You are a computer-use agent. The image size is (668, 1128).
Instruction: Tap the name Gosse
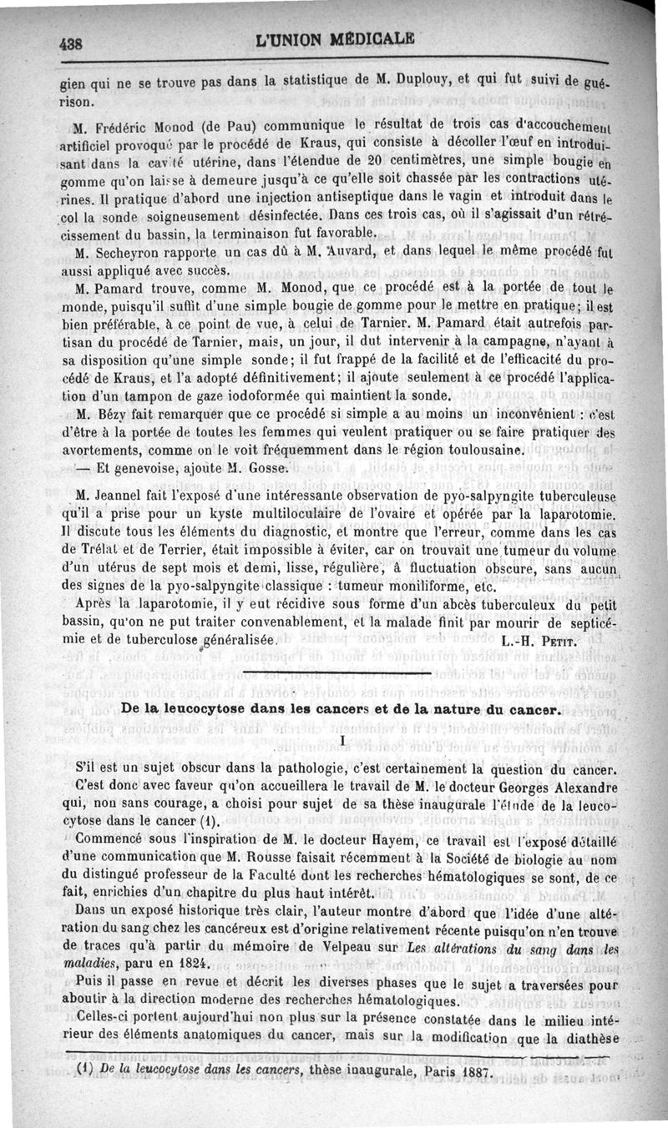267,467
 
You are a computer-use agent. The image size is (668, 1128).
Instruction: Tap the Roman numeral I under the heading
342,742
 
